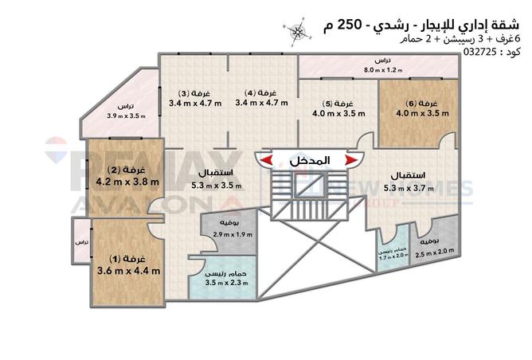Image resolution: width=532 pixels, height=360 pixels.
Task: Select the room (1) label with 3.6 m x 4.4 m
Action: (128, 260)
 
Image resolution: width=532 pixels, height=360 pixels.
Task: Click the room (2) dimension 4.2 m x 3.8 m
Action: (128, 181)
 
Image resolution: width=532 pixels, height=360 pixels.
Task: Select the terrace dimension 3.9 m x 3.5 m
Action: (127, 116)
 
